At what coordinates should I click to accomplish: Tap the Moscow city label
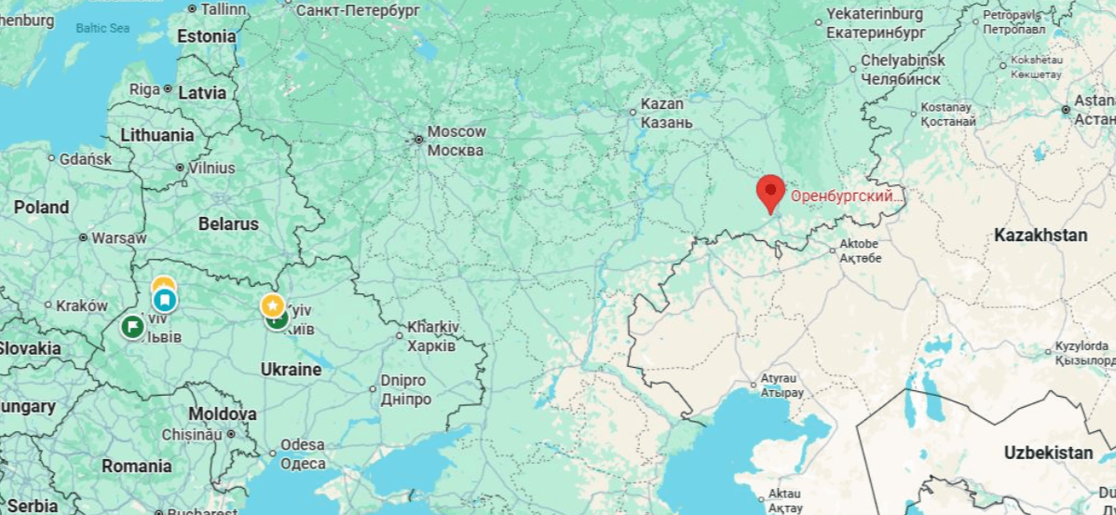[456, 141]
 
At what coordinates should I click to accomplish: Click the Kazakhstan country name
[1040, 236]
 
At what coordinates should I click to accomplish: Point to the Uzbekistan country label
[1048, 453]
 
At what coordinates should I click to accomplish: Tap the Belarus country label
[228, 224]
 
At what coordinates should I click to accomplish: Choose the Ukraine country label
[291, 369]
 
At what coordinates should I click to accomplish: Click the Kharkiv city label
[432, 336]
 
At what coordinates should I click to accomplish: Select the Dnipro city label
[404, 389]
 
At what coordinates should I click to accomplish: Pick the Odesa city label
[303, 454]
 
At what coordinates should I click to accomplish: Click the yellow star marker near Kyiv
[272, 305]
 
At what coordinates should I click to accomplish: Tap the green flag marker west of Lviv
[132, 326]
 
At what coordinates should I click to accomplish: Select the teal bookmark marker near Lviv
[165, 300]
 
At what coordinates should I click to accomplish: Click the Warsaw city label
[119, 237]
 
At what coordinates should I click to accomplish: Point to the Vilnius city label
[211, 169]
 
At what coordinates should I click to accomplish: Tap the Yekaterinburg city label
[875, 23]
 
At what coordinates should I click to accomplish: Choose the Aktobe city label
[858, 251]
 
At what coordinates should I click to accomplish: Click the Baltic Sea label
[102, 28]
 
